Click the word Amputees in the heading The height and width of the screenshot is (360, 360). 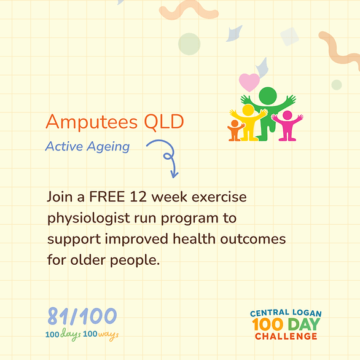92,123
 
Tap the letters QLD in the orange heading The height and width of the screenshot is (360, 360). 164,122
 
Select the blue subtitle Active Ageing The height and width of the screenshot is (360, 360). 87,147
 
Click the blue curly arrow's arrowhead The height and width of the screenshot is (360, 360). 174,174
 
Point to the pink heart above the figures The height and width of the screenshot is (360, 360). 249,82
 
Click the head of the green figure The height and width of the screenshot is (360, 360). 268,96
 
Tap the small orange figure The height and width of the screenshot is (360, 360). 235,130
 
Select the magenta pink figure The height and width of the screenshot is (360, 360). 288,125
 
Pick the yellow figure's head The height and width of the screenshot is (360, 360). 248,110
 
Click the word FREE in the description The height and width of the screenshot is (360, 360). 107,197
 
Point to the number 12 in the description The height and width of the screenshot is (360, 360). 138,197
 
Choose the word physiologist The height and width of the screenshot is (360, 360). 88,219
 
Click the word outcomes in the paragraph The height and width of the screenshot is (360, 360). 253,239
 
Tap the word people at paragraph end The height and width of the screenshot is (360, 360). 135,261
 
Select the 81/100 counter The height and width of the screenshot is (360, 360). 82,316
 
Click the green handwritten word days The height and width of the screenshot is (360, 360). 71,335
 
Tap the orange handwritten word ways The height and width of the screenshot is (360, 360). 108,335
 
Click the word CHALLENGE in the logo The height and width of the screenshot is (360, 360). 286,337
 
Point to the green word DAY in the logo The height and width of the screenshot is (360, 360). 304,324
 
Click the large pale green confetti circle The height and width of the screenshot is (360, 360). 189,44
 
